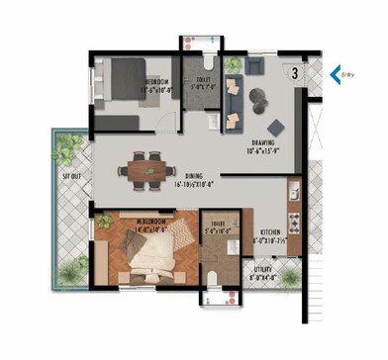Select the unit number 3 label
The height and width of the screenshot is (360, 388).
coord(295,72)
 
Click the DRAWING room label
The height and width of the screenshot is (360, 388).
coord(262,142)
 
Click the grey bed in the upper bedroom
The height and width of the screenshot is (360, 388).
coord(121,79)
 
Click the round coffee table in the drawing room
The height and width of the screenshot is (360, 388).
coord(260,97)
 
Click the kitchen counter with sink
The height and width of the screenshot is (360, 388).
coord(294,204)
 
